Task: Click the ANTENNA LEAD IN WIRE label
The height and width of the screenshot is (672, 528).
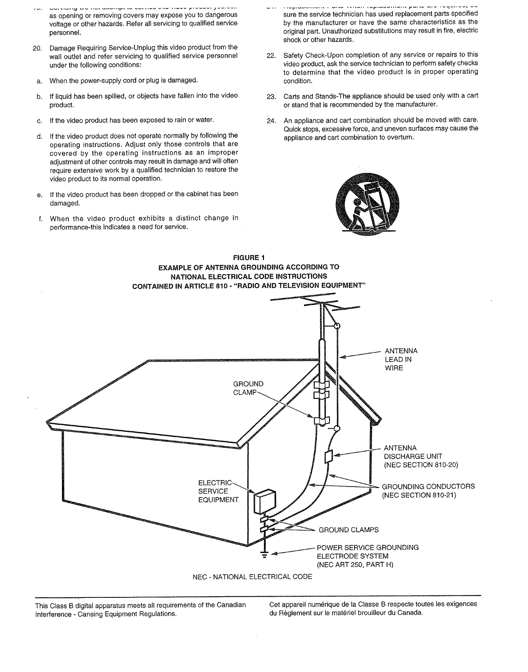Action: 400,359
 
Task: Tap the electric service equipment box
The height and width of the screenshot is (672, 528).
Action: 264,502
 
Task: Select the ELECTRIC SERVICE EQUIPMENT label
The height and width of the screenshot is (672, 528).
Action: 218,491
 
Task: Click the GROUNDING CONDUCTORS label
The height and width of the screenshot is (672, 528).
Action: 428,487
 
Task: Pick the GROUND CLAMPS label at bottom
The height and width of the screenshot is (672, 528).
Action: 348,530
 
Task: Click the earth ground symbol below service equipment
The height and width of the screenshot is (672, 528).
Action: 264,555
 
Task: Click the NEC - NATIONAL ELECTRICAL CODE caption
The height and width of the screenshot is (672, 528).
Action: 252,577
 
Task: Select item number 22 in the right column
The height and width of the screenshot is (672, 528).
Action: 271,55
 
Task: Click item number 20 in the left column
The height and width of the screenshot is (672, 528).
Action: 37,48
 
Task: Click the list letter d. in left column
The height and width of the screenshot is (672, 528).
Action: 40,136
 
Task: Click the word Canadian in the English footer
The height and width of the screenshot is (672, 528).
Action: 231,605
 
